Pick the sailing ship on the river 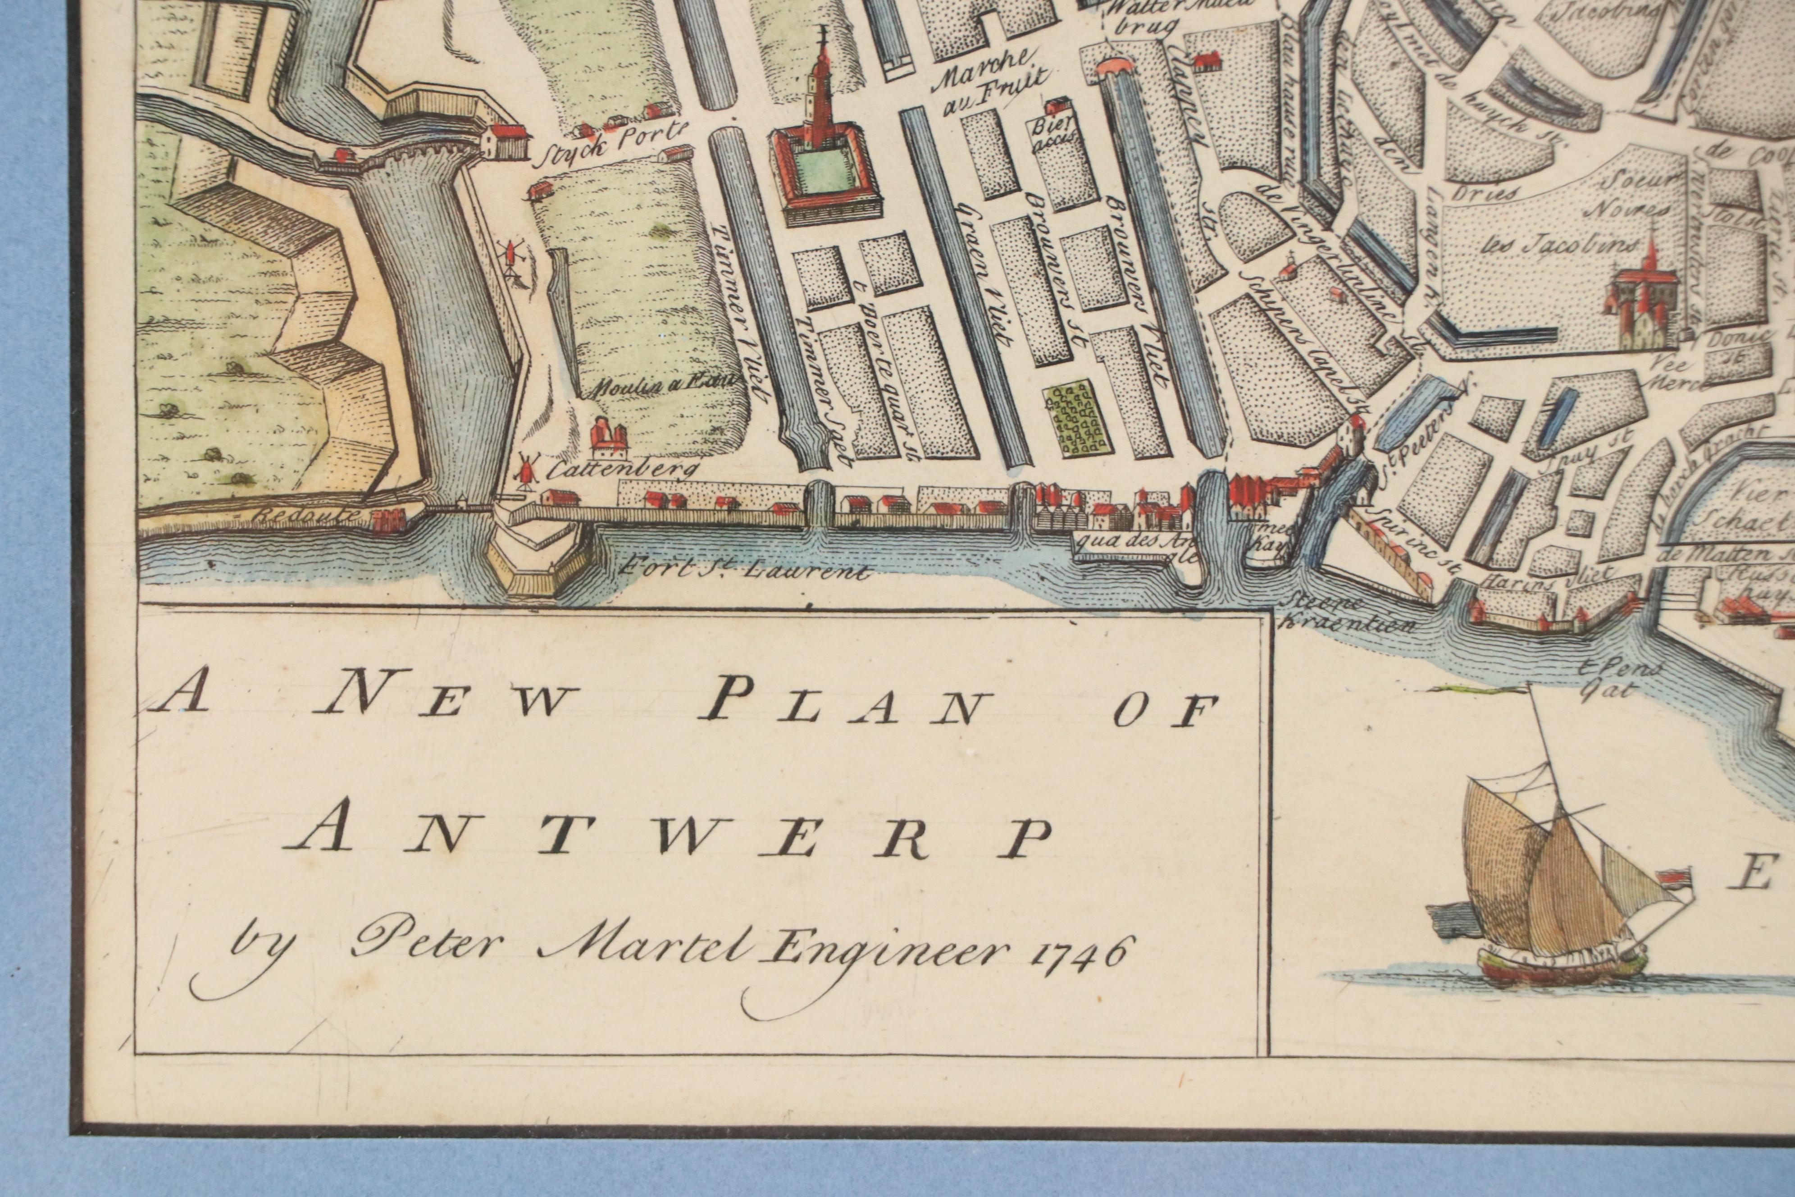(1557, 901)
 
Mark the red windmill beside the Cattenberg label (524, 468)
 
